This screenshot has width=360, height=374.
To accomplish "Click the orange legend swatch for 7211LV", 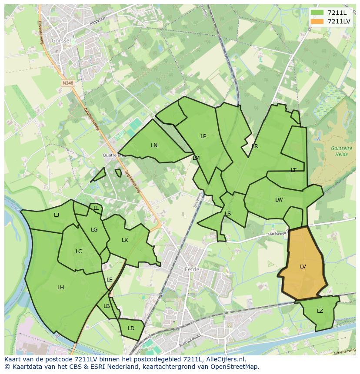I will (317, 21).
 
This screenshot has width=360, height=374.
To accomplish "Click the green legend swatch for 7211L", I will (317, 13).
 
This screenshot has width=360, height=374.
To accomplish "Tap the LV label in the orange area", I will (303, 267).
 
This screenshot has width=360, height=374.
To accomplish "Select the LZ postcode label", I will (320, 311).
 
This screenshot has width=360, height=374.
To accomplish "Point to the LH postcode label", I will (61, 288).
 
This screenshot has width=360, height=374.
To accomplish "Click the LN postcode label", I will (154, 146).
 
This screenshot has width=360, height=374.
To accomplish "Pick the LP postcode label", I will (203, 136).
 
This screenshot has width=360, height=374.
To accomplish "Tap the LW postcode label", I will (279, 200).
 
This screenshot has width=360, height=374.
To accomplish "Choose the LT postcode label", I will (293, 170).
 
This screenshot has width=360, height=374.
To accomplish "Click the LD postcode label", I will (131, 328).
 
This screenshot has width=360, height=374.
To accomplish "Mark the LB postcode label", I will (107, 306).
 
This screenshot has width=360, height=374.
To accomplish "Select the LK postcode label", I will (125, 240).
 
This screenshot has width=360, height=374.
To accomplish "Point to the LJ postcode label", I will (57, 215).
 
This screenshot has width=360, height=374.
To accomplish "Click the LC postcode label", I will (79, 252).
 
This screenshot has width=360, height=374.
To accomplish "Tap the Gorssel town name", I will (61, 40).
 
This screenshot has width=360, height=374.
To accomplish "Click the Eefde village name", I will (192, 270).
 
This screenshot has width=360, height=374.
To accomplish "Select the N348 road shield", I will (67, 83).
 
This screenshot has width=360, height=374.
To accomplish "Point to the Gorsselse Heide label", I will (341, 151).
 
